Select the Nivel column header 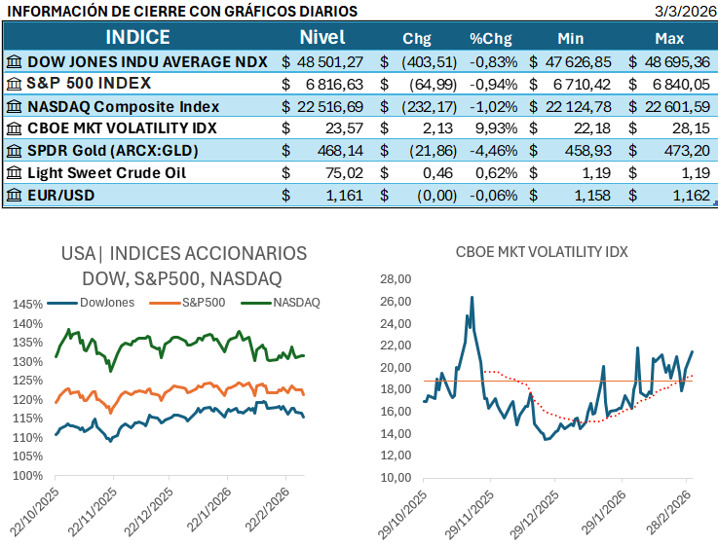coord(322,38)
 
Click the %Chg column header coord(490,39)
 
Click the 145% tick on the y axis coord(27,305)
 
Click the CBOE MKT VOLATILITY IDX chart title coord(542,251)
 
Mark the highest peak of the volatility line coord(472,297)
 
